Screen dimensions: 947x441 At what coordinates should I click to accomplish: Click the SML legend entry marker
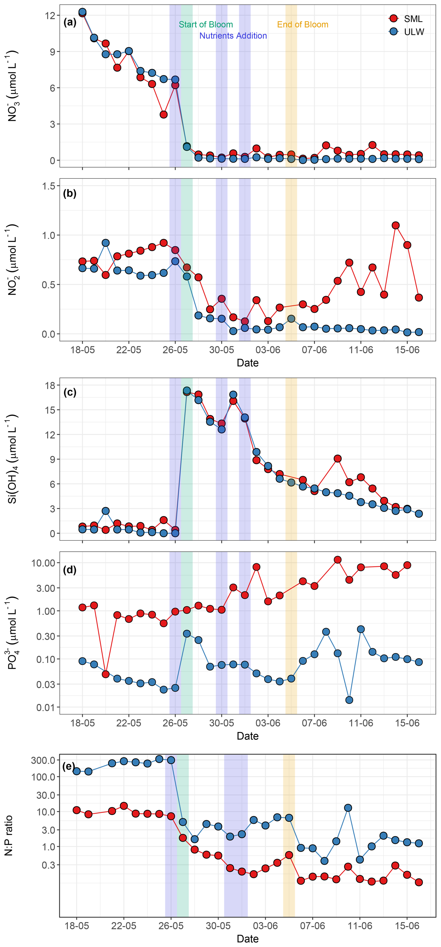point(393,18)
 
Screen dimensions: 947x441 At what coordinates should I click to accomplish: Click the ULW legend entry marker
point(393,32)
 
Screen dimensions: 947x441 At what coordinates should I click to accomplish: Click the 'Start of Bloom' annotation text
point(206,25)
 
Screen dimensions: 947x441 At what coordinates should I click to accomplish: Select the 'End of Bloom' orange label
point(302,25)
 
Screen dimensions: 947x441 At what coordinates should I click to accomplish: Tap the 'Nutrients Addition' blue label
point(233,36)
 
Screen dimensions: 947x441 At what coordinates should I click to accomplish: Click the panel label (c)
point(70,392)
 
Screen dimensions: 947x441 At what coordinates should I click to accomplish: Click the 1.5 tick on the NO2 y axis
point(48,186)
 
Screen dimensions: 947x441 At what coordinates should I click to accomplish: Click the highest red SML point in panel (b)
point(395,225)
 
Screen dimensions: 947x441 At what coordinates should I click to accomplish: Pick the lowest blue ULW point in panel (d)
point(349,700)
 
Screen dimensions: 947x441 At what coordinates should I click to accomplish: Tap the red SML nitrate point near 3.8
point(164,115)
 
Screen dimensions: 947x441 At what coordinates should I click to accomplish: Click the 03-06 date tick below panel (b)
point(268,350)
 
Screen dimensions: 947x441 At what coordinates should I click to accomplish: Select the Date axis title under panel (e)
point(248,939)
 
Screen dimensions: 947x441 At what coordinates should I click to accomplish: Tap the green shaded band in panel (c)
point(186,460)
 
